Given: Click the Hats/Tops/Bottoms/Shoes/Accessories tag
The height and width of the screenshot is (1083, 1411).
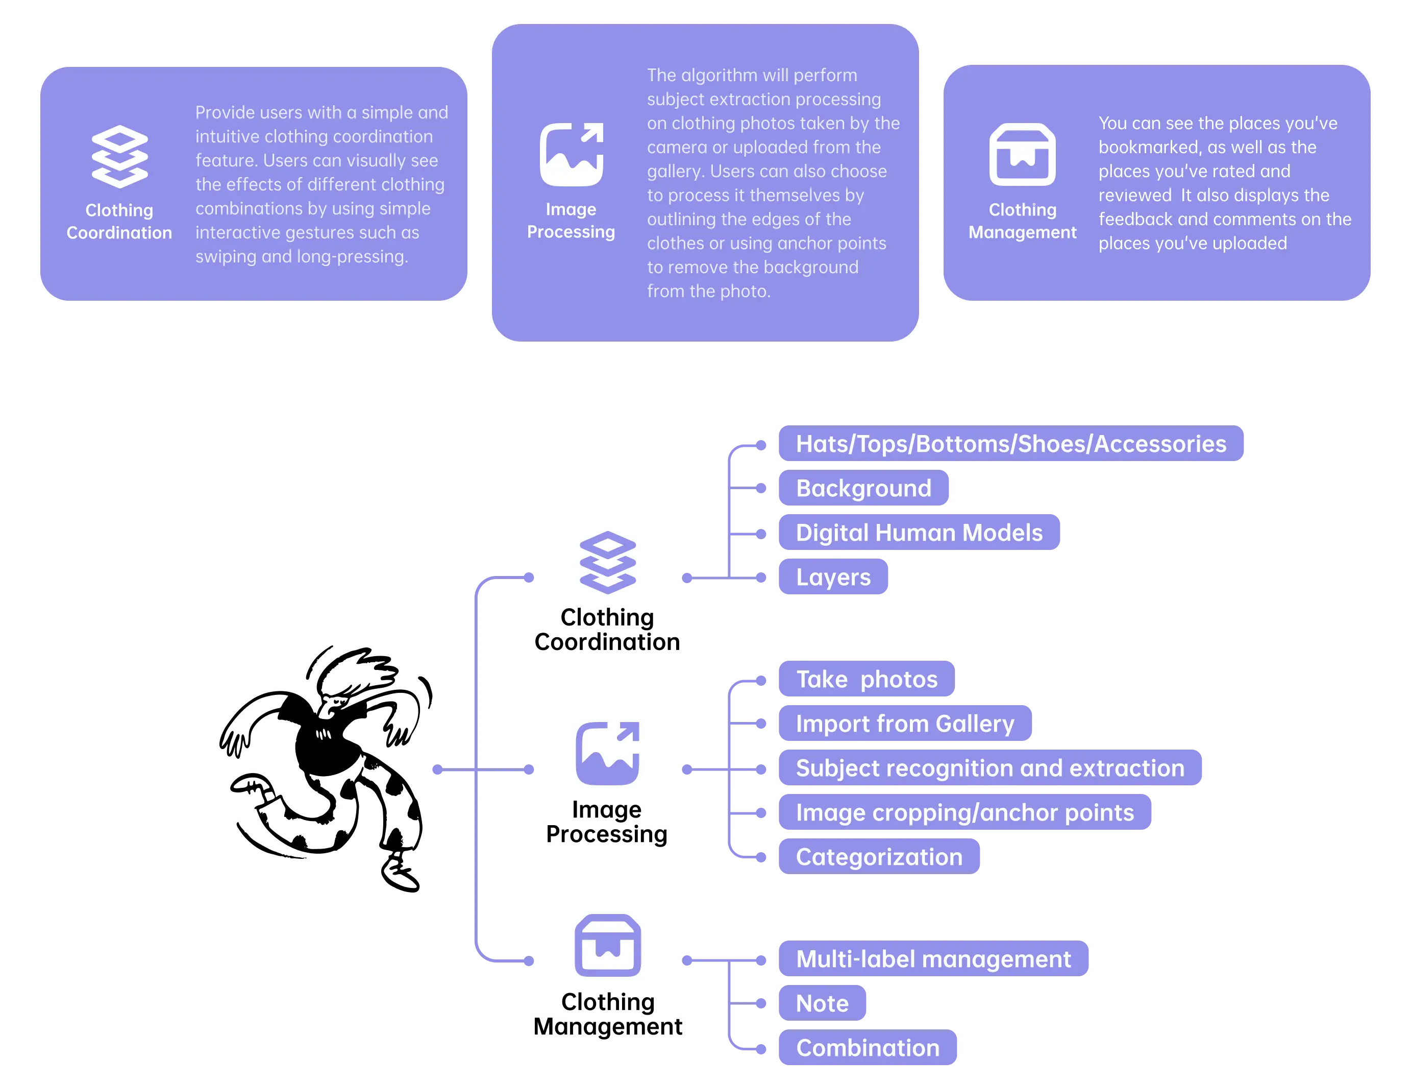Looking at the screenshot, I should point(1010,444).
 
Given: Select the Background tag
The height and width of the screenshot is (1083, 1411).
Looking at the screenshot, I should point(863,488).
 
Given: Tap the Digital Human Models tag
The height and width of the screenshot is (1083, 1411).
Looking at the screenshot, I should point(919,533).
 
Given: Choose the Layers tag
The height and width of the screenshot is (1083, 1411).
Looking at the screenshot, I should point(833,577).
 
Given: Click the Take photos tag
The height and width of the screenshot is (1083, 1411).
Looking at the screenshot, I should point(867,679).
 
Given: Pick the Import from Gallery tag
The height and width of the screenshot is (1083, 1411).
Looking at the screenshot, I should point(905,724).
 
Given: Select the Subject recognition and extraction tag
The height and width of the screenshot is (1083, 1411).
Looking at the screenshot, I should point(989,768).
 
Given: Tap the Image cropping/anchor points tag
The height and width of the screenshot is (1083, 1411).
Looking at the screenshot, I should point(964,812).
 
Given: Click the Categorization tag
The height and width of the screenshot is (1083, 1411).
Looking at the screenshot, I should point(879,857).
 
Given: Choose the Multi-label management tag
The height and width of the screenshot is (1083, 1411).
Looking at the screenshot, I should point(933,958).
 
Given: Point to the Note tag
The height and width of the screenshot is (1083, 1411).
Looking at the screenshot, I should point(822,1003).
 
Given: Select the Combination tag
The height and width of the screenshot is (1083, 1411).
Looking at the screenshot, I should point(867,1048).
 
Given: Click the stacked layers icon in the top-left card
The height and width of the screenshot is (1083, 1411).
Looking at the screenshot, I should point(120,157).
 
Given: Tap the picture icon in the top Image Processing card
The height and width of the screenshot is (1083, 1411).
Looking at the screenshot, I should point(572,154).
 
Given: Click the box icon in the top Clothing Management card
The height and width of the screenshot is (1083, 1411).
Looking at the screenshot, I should point(1023,154).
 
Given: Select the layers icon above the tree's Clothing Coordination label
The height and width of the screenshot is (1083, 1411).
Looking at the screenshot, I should point(608,562).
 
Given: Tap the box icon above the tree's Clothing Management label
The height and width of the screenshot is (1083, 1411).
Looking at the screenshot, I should point(608,945).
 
